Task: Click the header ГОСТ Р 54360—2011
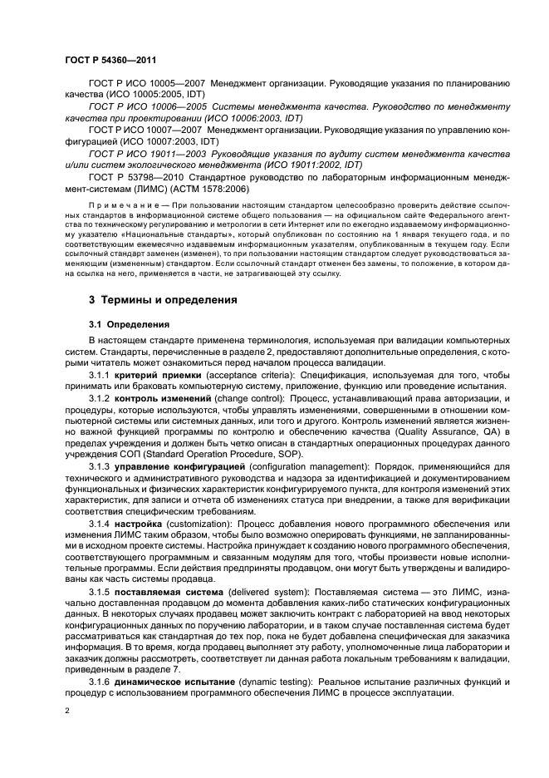tap(110, 60)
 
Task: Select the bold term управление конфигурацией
tap(176, 469)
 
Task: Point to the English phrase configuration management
tap(294, 469)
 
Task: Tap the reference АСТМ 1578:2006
tap(213, 188)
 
